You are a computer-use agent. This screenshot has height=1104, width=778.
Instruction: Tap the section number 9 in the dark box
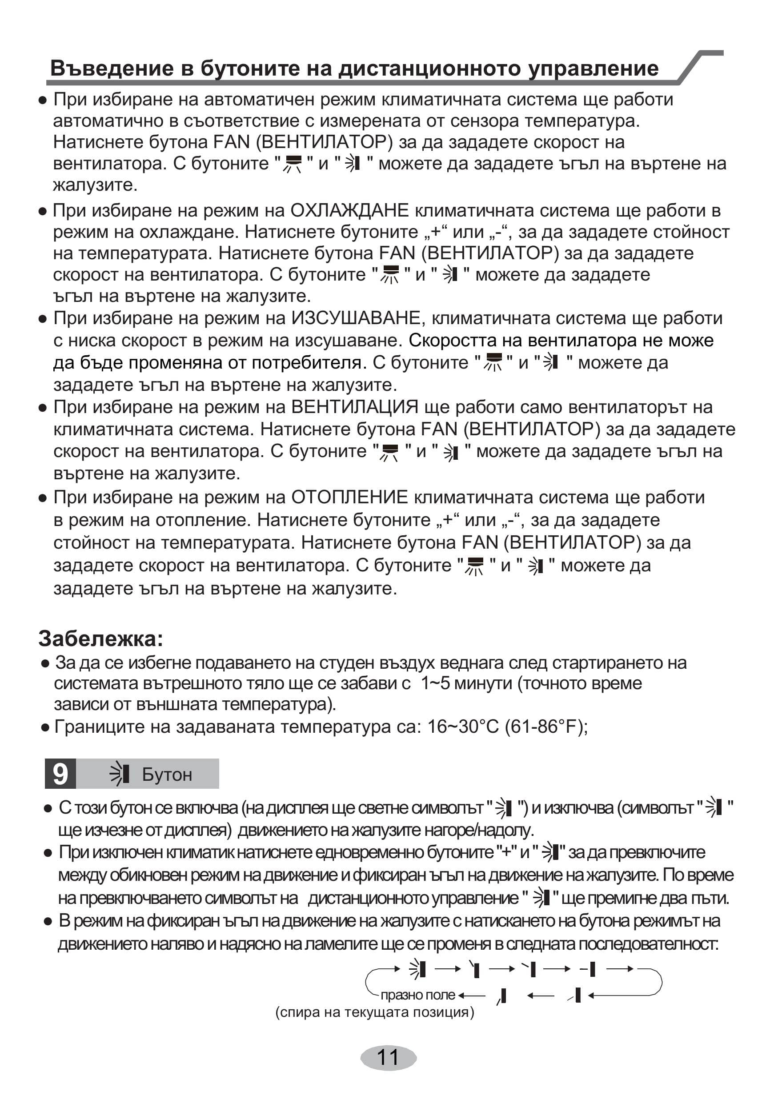[x=60, y=774]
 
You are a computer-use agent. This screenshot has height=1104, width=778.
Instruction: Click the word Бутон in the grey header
[x=167, y=775]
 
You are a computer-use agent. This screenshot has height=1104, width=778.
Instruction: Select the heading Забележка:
[x=101, y=638]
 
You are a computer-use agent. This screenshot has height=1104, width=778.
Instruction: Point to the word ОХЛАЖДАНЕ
[x=349, y=211]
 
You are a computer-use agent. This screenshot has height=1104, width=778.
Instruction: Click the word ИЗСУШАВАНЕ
[x=356, y=318]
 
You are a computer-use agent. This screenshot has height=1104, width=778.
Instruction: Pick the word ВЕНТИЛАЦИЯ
[x=355, y=407]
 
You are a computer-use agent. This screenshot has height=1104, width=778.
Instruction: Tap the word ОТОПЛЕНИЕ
[x=349, y=497]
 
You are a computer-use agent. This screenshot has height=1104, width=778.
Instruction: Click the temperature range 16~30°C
[x=463, y=727]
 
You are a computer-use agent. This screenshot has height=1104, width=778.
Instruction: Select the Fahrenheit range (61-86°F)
[x=545, y=727]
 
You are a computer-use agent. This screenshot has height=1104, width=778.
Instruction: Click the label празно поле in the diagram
[x=417, y=995]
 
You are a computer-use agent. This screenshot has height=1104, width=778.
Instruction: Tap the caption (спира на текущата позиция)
[x=375, y=1013]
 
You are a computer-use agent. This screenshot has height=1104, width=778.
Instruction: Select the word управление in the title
[x=593, y=68]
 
